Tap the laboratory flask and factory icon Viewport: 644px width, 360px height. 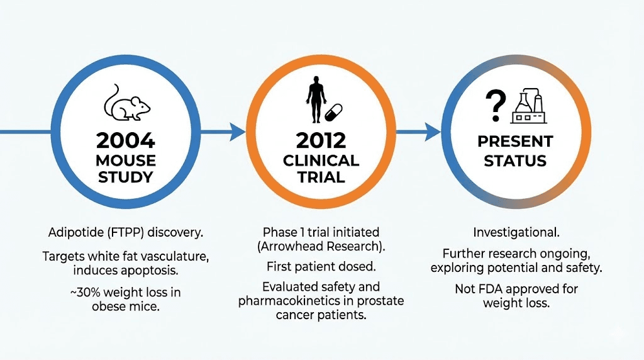click(530, 104)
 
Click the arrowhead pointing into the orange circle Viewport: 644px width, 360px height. click(237, 132)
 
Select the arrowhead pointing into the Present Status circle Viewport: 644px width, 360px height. click(433, 132)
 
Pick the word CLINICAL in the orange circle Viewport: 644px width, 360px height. click(321, 160)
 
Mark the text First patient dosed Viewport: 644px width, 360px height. click(321, 266)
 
